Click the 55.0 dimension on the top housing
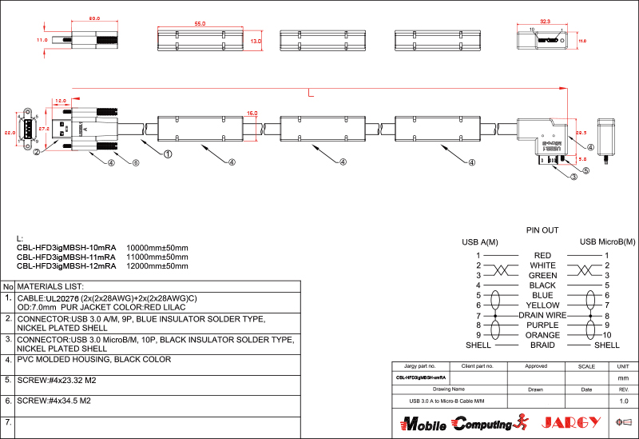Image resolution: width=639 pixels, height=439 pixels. coord(200,24)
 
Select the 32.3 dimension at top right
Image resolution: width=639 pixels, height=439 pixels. coord(546,22)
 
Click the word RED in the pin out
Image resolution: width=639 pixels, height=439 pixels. coord(542,255)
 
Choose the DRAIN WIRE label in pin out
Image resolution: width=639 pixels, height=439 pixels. coord(542,315)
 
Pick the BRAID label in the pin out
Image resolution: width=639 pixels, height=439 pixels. coord(542,345)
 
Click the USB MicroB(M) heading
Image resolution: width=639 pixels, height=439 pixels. coord(607,241)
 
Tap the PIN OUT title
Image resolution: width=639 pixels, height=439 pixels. coord(542,229)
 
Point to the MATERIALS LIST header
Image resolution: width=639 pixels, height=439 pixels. coord(56,286)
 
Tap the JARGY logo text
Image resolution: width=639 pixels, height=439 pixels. coord(570,422)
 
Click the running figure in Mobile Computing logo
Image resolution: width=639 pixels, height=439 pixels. coord(522,422)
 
